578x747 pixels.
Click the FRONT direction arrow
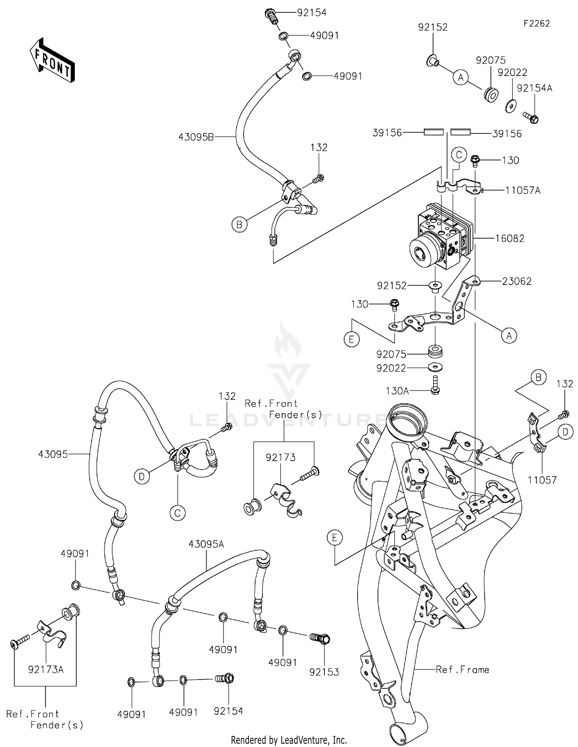[52, 61]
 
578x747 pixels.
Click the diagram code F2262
[536, 24]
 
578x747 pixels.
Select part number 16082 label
[509, 239]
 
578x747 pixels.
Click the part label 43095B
[196, 137]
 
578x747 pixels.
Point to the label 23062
[516, 281]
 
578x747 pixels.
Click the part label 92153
[324, 672]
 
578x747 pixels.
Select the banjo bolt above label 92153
[321, 639]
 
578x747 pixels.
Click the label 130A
[397, 391]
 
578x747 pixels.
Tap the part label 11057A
[523, 190]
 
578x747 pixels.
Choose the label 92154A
[534, 88]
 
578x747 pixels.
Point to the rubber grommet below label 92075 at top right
[491, 95]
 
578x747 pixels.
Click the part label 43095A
[206, 544]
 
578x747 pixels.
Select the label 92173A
[45, 670]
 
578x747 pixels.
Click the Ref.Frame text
[462, 670]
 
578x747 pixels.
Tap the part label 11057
[542, 480]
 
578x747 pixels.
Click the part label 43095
[53, 454]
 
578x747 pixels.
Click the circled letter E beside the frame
[334, 538]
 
